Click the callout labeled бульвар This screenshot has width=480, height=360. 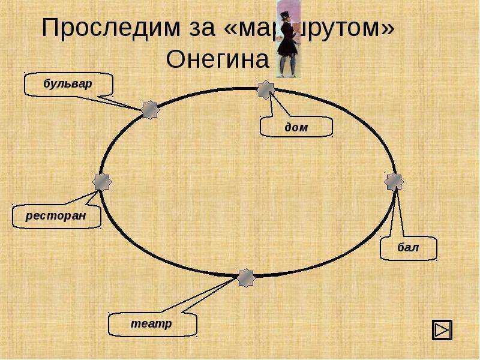click(68, 84)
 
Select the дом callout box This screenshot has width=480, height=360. click(296, 127)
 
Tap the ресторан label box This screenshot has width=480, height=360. click(56, 215)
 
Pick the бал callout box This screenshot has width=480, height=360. click(409, 248)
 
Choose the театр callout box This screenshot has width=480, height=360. click(152, 324)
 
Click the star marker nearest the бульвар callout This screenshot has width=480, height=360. click(150, 109)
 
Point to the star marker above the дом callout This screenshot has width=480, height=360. click(266, 90)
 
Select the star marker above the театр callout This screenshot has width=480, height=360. click(245, 278)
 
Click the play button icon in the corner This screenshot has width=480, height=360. click(442, 329)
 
